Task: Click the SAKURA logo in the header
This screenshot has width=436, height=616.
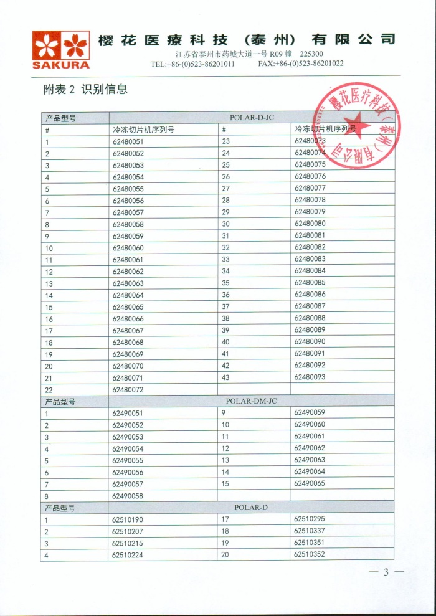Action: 61,49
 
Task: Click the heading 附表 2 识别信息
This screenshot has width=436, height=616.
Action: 85,89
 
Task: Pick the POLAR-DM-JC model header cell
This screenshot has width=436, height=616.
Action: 251,401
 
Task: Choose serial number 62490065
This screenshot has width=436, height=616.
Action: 310,483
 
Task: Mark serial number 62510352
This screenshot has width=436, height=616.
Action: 310,554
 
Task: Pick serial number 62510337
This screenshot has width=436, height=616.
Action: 310,531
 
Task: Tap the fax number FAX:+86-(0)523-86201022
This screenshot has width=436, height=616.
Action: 301,64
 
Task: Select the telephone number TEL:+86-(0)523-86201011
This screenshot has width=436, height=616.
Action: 192,64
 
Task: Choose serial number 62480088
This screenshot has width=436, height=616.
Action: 310,318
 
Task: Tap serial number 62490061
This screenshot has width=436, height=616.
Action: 310,437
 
